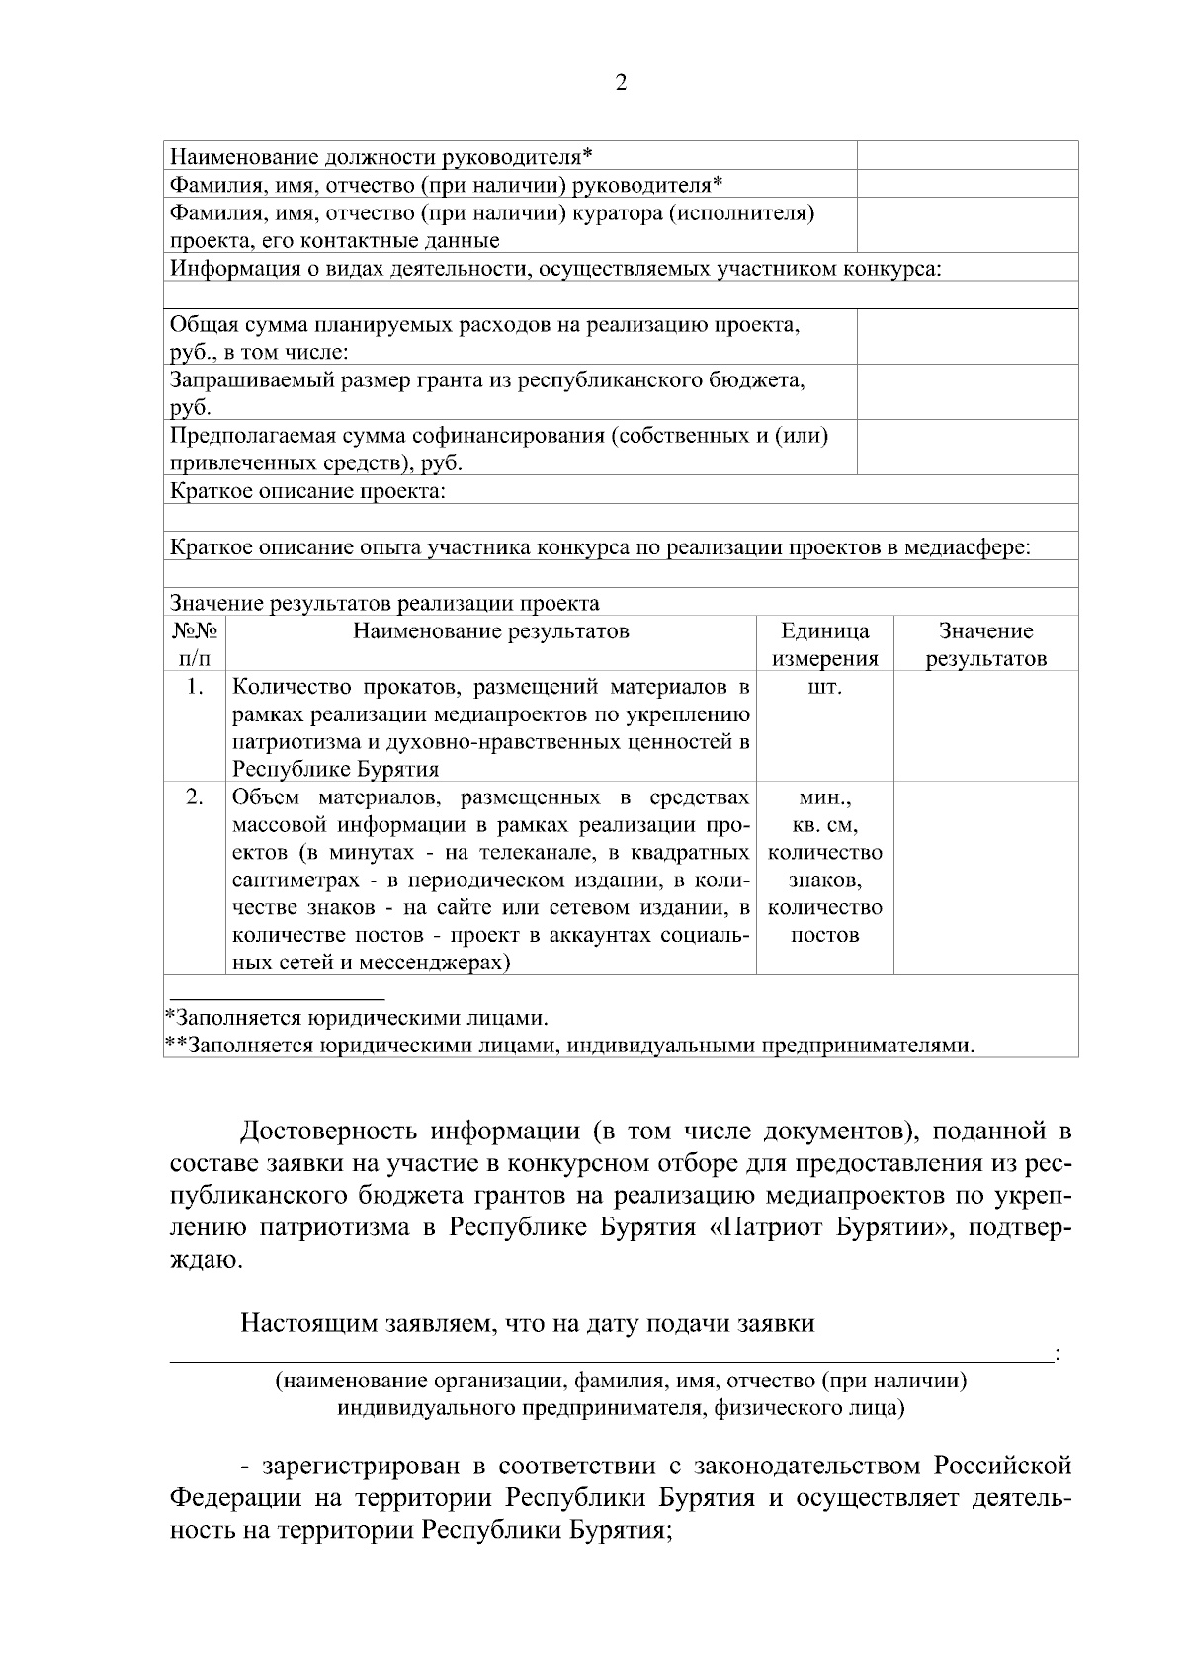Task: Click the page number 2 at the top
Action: pyautogui.click(x=621, y=84)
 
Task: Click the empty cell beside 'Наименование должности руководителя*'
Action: pyautogui.click(x=967, y=156)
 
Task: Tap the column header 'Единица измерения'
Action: pyautogui.click(x=824, y=644)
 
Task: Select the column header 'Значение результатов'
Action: pyautogui.click(x=985, y=644)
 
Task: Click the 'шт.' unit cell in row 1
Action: pyautogui.click(x=824, y=687)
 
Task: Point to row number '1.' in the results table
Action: pyautogui.click(x=195, y=687)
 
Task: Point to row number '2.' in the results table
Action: pyautogui.click(x=195, y=797)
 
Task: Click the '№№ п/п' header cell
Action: pyautogui.click(x=195, y=644)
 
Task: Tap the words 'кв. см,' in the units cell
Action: pyautogui.click(x=824, y=824)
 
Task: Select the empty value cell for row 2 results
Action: pyautogui.click(x=985, y=878)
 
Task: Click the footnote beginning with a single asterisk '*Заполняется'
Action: pyautogui.click(x=356, y=1017)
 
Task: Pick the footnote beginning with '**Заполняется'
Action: pyautogui.click(x=568, y=1046)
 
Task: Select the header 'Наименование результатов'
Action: pyautogui.click(x=491, y=631)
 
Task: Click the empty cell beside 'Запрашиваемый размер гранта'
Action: pyautogui.click(x=967, y=392)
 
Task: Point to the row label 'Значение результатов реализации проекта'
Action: pyautogui.click(x=384, y=603)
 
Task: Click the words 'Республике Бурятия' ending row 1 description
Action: pyautogui.click(x=336, y=769)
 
